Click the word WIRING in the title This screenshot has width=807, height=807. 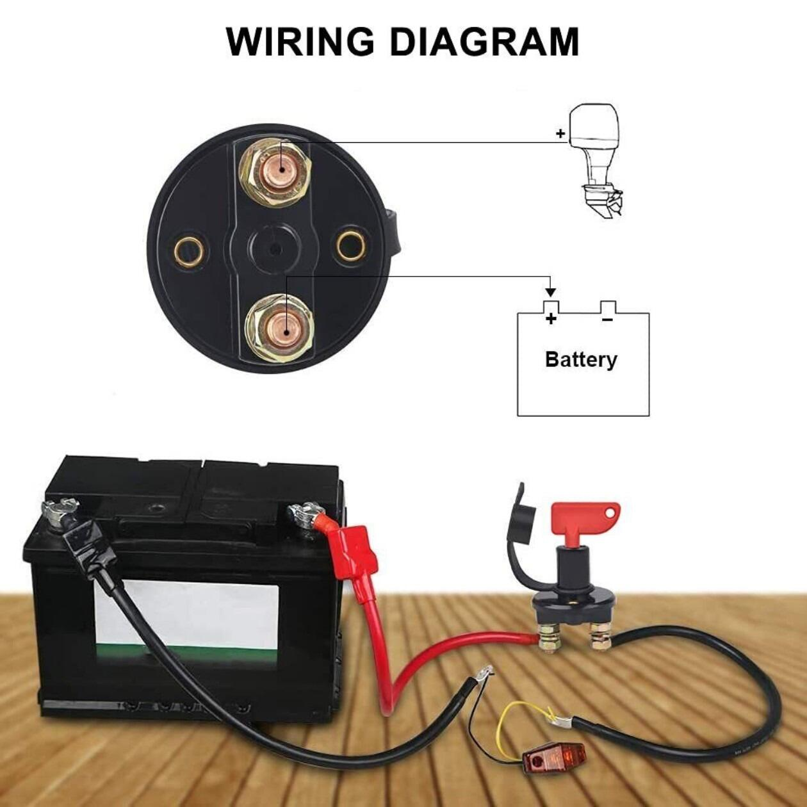click(300, 42)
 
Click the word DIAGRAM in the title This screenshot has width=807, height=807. click(484, 42)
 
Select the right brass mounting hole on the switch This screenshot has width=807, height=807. click(352, 247)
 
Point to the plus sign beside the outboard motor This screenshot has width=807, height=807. click(560, 134)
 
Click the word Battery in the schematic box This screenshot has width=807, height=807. click(581, 359)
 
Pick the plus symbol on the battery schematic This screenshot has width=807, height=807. click(551, 318)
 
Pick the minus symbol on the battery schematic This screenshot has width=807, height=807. click(607, 318)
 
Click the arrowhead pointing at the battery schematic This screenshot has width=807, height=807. click(551, 292)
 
